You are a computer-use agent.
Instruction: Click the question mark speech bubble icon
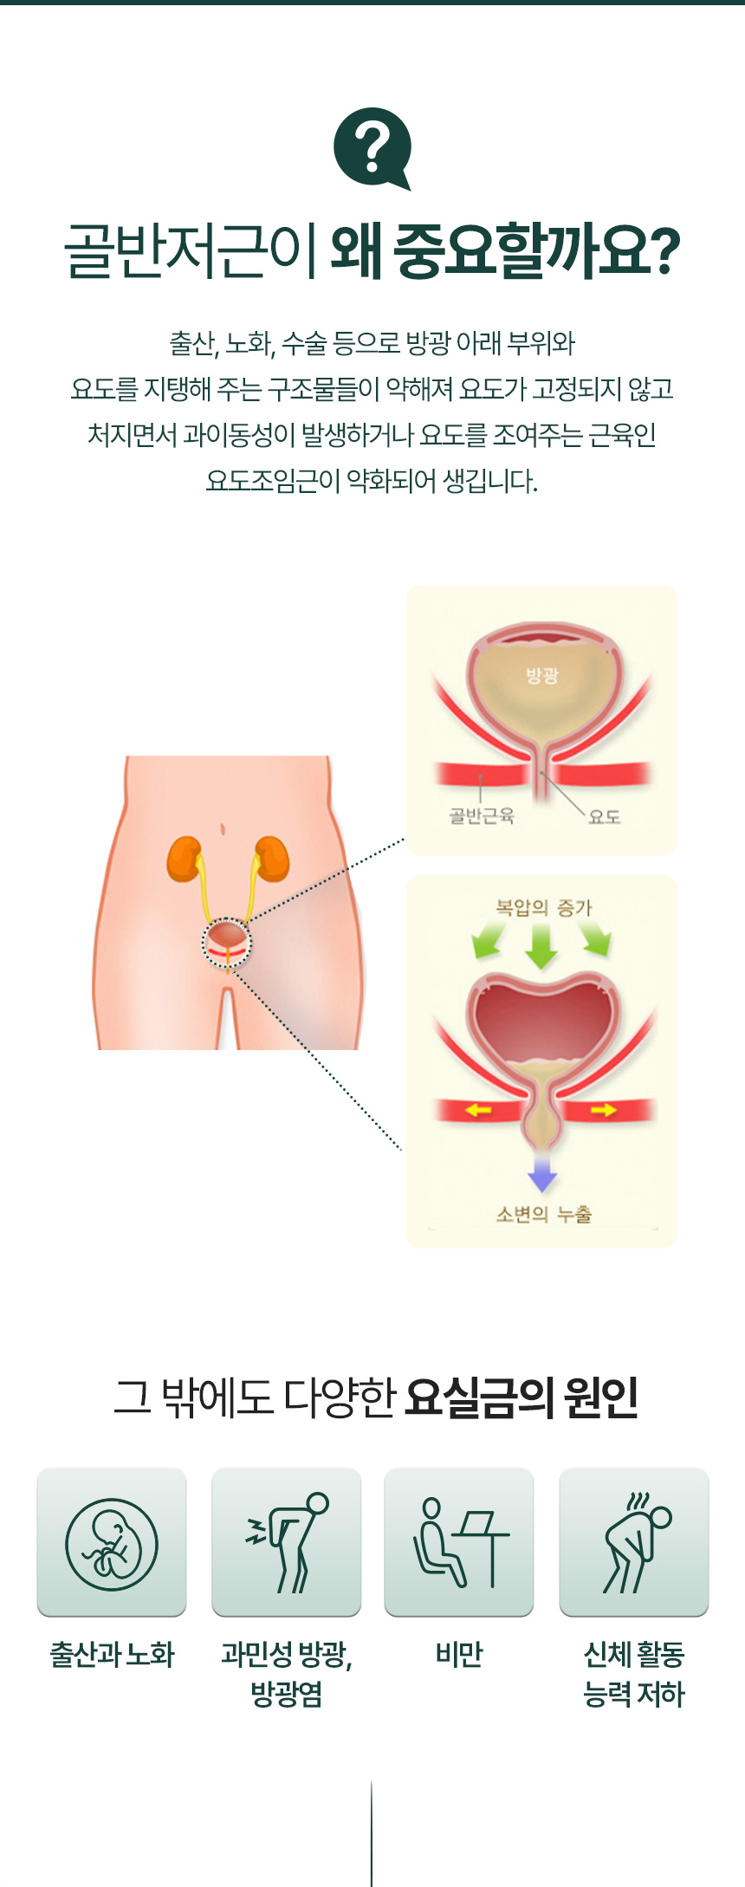point(372,147)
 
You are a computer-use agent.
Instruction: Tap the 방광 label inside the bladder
point(542,676)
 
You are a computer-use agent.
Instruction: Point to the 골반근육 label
point(482,815)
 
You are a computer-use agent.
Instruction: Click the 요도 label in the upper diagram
point(604,816)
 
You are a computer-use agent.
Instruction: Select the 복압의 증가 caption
point(543,907)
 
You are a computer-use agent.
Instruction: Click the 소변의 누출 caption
point(543,1214)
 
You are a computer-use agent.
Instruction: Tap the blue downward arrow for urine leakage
point(542,1174)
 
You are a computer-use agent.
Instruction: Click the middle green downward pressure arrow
point(542,946)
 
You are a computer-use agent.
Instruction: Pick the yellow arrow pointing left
point(478,1110)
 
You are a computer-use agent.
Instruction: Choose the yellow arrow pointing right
point(604,1110)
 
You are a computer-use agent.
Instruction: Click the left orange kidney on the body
point(185,859)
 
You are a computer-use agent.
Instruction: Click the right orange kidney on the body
point(272,859)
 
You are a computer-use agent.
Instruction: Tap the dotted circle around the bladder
point(227,943)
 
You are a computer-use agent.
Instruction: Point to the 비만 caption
point(459,1655)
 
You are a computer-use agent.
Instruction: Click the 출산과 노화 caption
point(112,1655)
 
